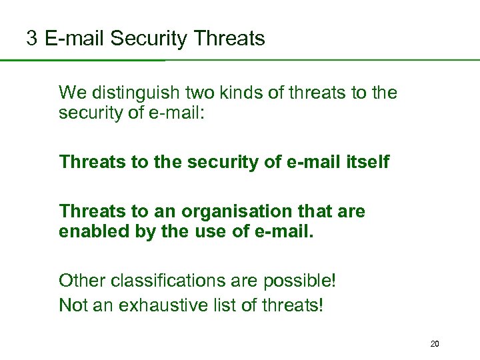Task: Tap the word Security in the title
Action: click(149, 39)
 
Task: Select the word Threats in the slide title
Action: click(229, 39)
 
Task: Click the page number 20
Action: click(435, 344)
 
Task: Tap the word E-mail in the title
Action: click(75, 39)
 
